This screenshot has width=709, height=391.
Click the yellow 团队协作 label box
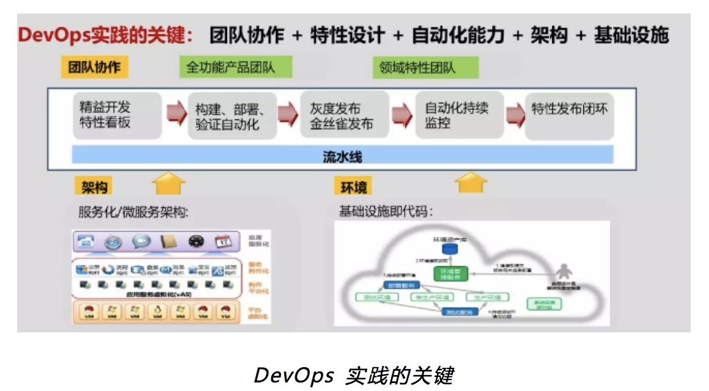pyautogui.click(x=94, y=67)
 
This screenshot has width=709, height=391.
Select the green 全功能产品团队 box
pyautogui.click(x=235, y=67)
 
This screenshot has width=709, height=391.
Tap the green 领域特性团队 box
pyautogui.click(x=425, y=67)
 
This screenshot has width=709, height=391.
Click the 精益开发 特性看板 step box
pyautogui.click(x=117, y=115)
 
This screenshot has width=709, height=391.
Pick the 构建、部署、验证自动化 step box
pyautogui.click(x=231, y=116)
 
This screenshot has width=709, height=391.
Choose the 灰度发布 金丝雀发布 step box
pyautogui.click(x=344, y=115)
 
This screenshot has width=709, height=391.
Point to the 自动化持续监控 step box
pyautogui.click(x=459, y=115)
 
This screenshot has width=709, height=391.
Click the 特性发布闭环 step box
pyautogui.click(x=570, y=115)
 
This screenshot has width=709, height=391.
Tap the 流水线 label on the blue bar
pyautogui.click(x=342, y=156)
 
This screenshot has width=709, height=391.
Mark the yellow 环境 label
pyautogui.click(x=353, y=186)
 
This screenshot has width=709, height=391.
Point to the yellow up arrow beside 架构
pyautogui.click(x=168, y=182)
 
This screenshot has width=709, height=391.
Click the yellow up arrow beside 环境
pyautogui.click(x=471, y=182)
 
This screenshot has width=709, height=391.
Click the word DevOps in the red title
pyautogui.click(x=53, y=35)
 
